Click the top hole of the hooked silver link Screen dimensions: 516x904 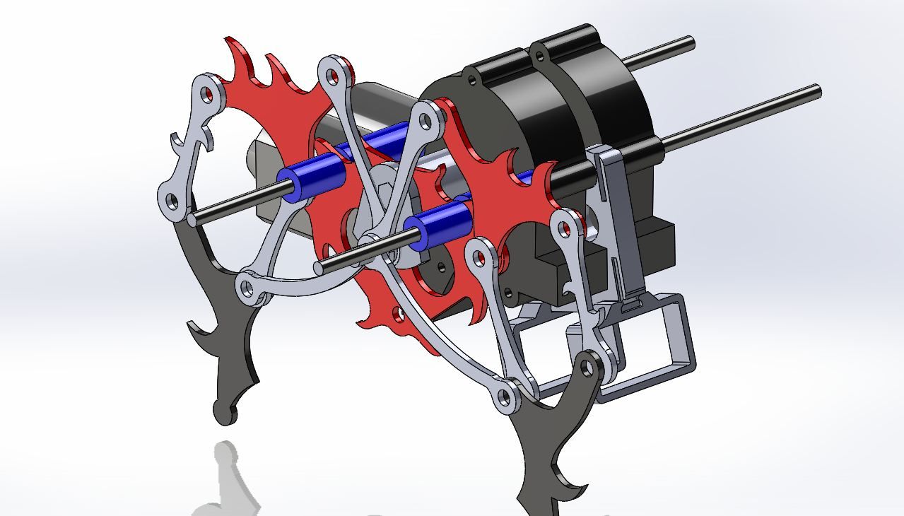pyautogui.click(x=205, y=93)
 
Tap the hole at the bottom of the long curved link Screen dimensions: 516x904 pyautogui.click(x=505, y=398)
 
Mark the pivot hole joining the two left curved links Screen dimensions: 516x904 pyautogui.click(x=247, y=288)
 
